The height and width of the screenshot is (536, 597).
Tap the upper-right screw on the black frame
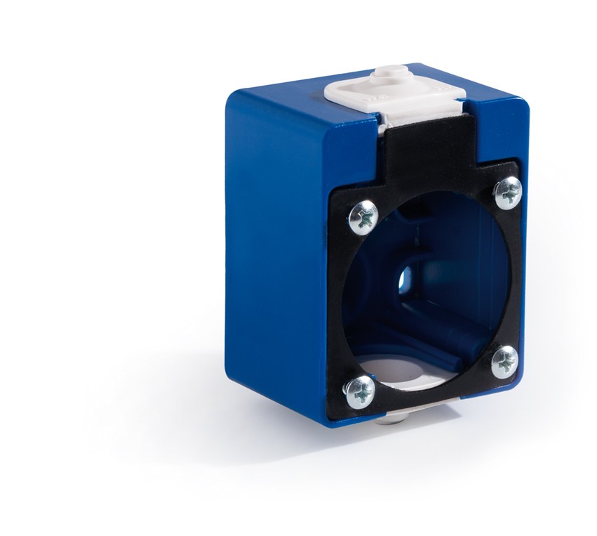tap(508, 192)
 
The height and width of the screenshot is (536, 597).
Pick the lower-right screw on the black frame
tap(504, 362)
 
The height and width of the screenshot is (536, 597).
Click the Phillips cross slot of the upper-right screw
tap(508, 192)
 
